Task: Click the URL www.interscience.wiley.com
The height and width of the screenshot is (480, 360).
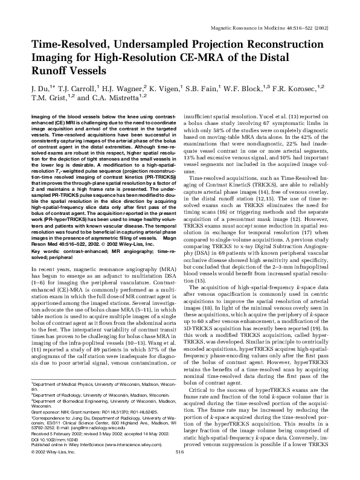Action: tap(123, 456)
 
